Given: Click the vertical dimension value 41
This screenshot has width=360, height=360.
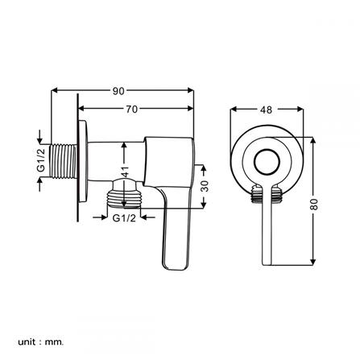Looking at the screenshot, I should coord(124,171).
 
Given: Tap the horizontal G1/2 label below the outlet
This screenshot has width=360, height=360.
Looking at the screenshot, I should coord(123,217).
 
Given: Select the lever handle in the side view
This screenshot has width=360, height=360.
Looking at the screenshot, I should coord(173,226).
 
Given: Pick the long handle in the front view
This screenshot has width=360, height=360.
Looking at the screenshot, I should coord(267,234).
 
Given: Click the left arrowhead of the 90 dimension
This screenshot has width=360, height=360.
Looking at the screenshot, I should coord(55,90).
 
